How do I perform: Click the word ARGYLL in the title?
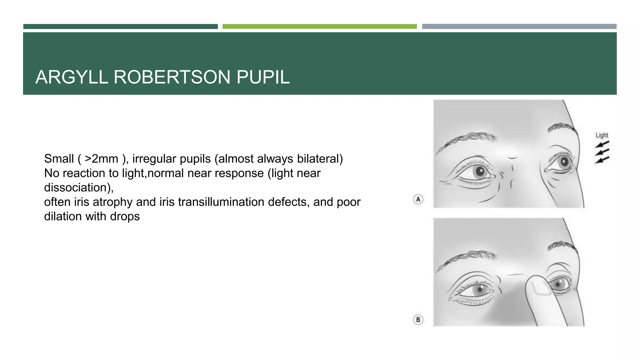coord(72,77)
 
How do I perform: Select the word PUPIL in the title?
coord(263,77)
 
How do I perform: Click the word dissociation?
coord(77,187)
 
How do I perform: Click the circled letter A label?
coord(418,199)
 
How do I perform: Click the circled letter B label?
coord(418,320)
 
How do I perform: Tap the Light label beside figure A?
coord(602,135)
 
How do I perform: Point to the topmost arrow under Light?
coord(602,144)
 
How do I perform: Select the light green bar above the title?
coord(319,27)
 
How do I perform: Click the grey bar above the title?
coord(519,27)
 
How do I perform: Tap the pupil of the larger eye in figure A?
coord(481,171)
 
